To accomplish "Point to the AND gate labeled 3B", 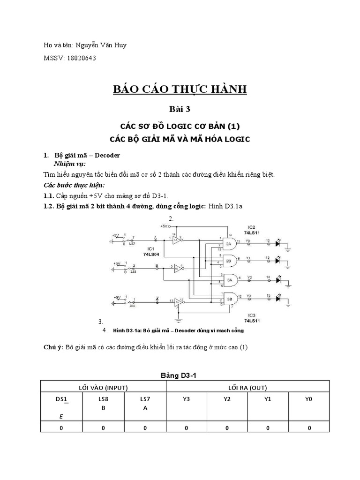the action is (x=231, y=298).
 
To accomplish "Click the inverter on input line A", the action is (x=176, y=240).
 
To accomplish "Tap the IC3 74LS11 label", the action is (x=252, y=317).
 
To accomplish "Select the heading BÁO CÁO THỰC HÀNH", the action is (x=180, y=89).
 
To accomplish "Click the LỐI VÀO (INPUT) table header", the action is (x=104, y=387).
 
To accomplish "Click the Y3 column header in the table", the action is (x=186, y=399).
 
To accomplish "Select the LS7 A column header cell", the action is (x=145, y=403).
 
